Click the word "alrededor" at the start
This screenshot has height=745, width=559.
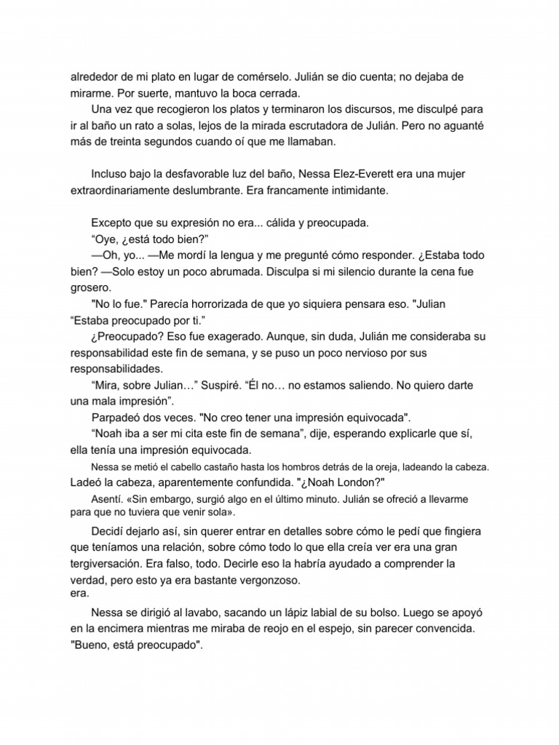tap(95, 76)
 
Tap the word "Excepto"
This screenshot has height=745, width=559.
tap(113, 223)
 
